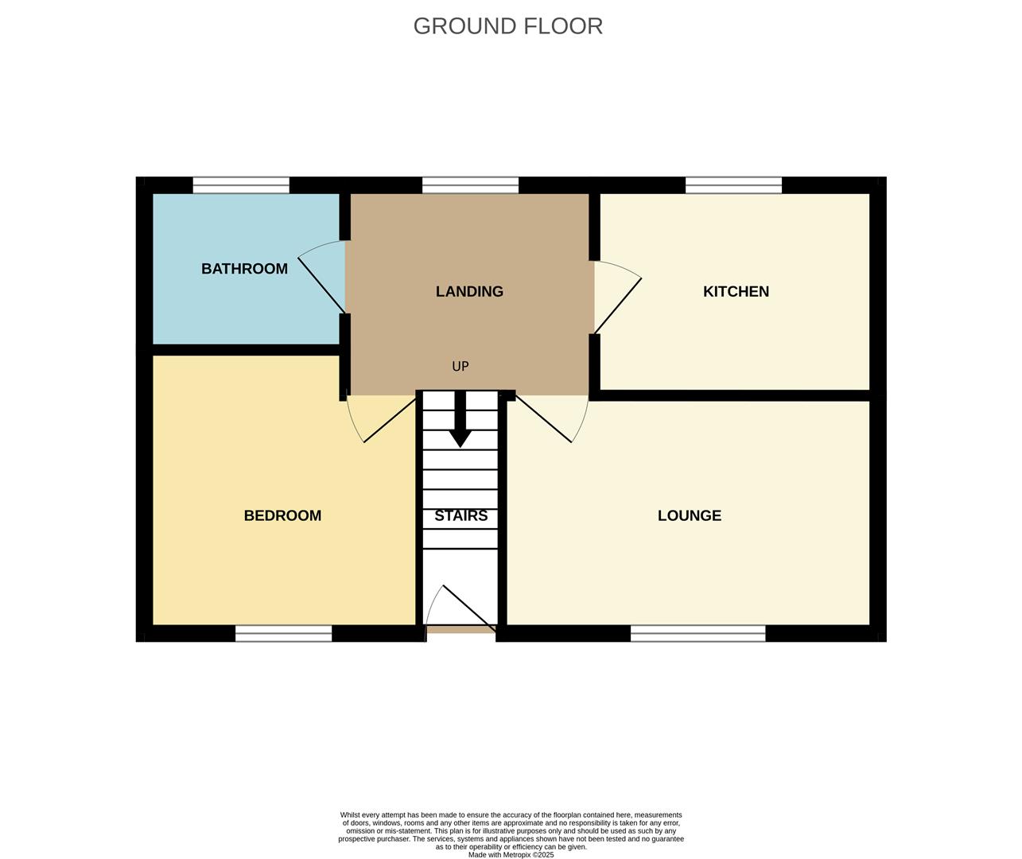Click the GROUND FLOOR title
tap(507, 26)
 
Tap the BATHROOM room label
tap(244, 269)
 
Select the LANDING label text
tap(469, 292)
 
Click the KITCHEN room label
tap(736, 292)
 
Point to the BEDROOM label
tap(282, 516)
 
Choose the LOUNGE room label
tap(689, 516)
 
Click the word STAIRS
tap(460, 516)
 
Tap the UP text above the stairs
tap(460, 367)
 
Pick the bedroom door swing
tap(379, 418)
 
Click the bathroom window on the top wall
tap(241, 185)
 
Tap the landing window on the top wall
tap(470, 185)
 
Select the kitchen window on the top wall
tap(733, 185)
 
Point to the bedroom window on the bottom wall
tap(283, 633)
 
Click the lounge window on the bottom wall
tap(698, 633)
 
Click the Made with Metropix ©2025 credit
tap(511, 855)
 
